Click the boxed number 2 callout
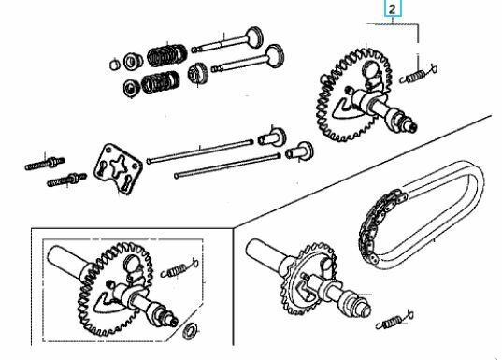[x=393, y=9]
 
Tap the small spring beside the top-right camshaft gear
[x=419, y=75]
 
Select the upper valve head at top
[x=255, y=36]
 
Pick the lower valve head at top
[x=275, y=56]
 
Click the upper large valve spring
[x=167, y=54]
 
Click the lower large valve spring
[x=161, y=82]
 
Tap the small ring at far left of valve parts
[x=115, y=65]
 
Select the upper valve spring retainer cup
[x=133, y=61]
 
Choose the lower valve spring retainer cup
[x=131, y=88]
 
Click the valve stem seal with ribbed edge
[x=197, y=74]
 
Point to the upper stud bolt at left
[x=45, y=164]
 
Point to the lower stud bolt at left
[x=66, y=180]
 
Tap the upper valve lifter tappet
[x=272, y=137]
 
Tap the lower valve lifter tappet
[x=299, y=151]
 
